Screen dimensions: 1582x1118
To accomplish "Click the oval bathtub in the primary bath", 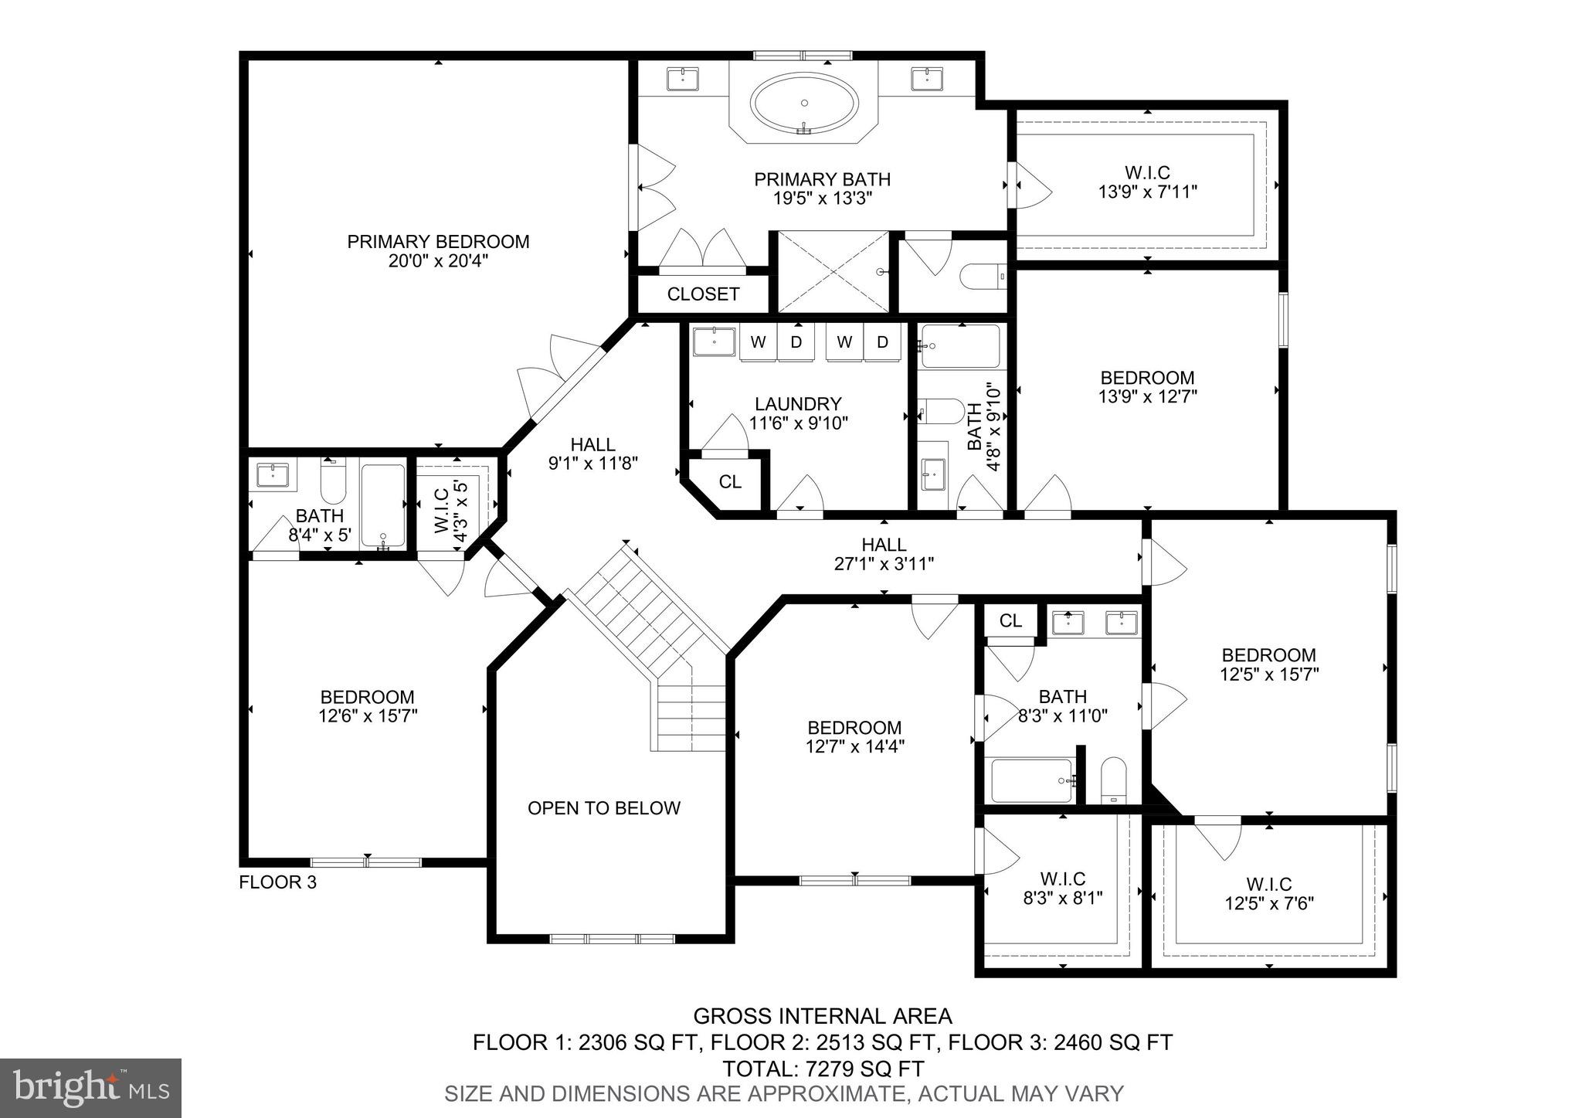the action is coord(804,106).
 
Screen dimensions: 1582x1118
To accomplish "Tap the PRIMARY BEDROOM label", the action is coord(438,242).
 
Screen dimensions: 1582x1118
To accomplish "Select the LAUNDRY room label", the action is coord(798,404).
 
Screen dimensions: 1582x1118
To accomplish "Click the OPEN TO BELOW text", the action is coord(604,808).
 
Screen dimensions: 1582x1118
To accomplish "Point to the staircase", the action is coord(653,649).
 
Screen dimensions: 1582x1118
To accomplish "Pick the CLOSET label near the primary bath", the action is coord(703,294).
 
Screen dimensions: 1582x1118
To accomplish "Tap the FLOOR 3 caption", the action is coord(278,882).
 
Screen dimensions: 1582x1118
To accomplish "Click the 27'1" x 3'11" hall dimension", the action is coord(884,564).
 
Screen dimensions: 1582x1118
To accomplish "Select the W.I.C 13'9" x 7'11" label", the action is coord(1148,182).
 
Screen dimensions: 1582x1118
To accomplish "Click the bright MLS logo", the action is coord(90,1089).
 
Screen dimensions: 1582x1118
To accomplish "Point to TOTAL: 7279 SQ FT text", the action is coord(823,1069).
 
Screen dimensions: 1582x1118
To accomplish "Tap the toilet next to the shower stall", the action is coord(980,276).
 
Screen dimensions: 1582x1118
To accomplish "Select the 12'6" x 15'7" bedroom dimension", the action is coord(368,716).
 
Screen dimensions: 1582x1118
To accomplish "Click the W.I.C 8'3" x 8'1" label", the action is coord(1062,889).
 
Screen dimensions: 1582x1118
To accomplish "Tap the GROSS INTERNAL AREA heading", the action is coord(823,1016).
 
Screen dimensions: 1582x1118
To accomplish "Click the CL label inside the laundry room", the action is coord(730,482).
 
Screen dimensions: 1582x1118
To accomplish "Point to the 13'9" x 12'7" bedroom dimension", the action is coord(1147,397).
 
